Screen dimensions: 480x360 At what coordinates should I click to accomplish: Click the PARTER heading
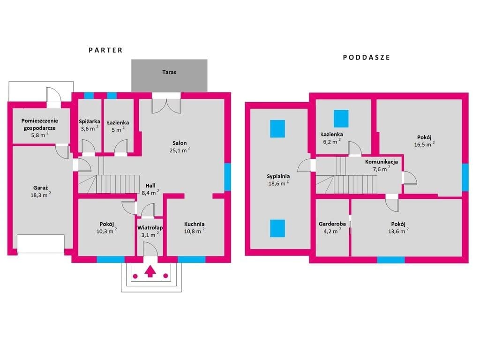(x=105, y=50)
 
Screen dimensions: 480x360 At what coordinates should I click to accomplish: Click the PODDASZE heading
(x=367, y=58)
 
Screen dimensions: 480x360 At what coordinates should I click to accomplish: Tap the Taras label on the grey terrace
(x=169, y=72)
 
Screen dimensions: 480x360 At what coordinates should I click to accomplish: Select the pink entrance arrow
(x=150, y=271)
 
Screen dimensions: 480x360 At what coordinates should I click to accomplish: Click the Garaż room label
(x=41, y=188)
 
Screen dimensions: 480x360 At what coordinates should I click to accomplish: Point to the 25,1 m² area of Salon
(x=180, y=150)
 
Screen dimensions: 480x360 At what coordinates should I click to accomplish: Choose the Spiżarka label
(x=90, y=121)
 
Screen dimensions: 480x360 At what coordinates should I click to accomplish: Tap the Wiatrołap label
(x=150, y=228)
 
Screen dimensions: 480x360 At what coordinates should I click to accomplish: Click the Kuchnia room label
(x=195, y=224)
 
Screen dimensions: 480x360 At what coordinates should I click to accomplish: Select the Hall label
(x=150, y=186)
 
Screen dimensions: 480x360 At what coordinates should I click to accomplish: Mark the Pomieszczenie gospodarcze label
(x=40, y=124)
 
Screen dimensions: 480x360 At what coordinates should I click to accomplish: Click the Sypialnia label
(x=278, y=176)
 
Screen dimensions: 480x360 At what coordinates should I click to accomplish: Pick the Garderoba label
(x=332, y=224)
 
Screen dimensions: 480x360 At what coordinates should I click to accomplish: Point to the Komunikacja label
(x=382, y=162)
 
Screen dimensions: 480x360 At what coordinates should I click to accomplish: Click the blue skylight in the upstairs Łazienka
(x=341, y=119)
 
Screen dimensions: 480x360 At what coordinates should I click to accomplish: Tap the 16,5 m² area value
(x=424, y=144)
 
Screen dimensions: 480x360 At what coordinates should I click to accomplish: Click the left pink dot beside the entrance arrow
(x=135, y=276)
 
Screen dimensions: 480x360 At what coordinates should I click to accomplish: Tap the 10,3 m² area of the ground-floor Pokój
(x=106, y=231)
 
